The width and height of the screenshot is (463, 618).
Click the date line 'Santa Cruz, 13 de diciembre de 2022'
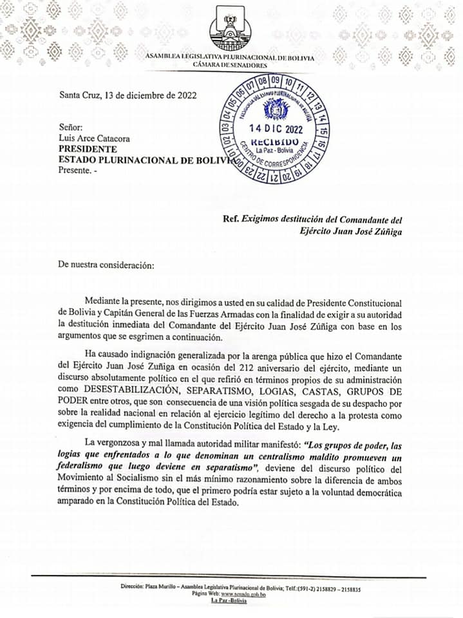(128, 95)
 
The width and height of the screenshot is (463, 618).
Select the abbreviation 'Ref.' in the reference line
(230, 220)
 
